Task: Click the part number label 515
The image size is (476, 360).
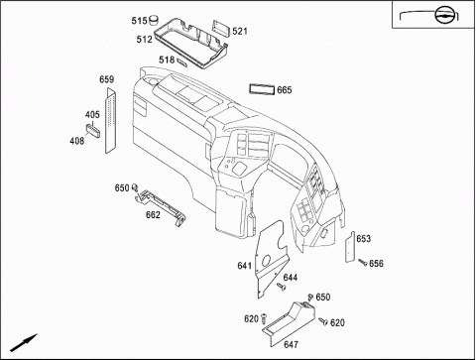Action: click(139, 21)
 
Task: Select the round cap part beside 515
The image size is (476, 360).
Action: click(154, 20)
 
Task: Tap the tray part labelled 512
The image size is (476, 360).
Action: click(190, 43)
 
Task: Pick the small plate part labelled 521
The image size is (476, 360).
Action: click(221, 28)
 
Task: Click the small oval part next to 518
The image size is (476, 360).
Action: click(182, 61)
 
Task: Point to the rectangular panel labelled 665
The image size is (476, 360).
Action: click(262, 89)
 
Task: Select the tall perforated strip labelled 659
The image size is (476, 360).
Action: click(111, 121)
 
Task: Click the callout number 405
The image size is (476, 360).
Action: click(92, 115)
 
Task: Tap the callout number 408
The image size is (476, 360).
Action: click(77, 141)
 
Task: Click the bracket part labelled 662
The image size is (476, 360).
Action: click(161, 206)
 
